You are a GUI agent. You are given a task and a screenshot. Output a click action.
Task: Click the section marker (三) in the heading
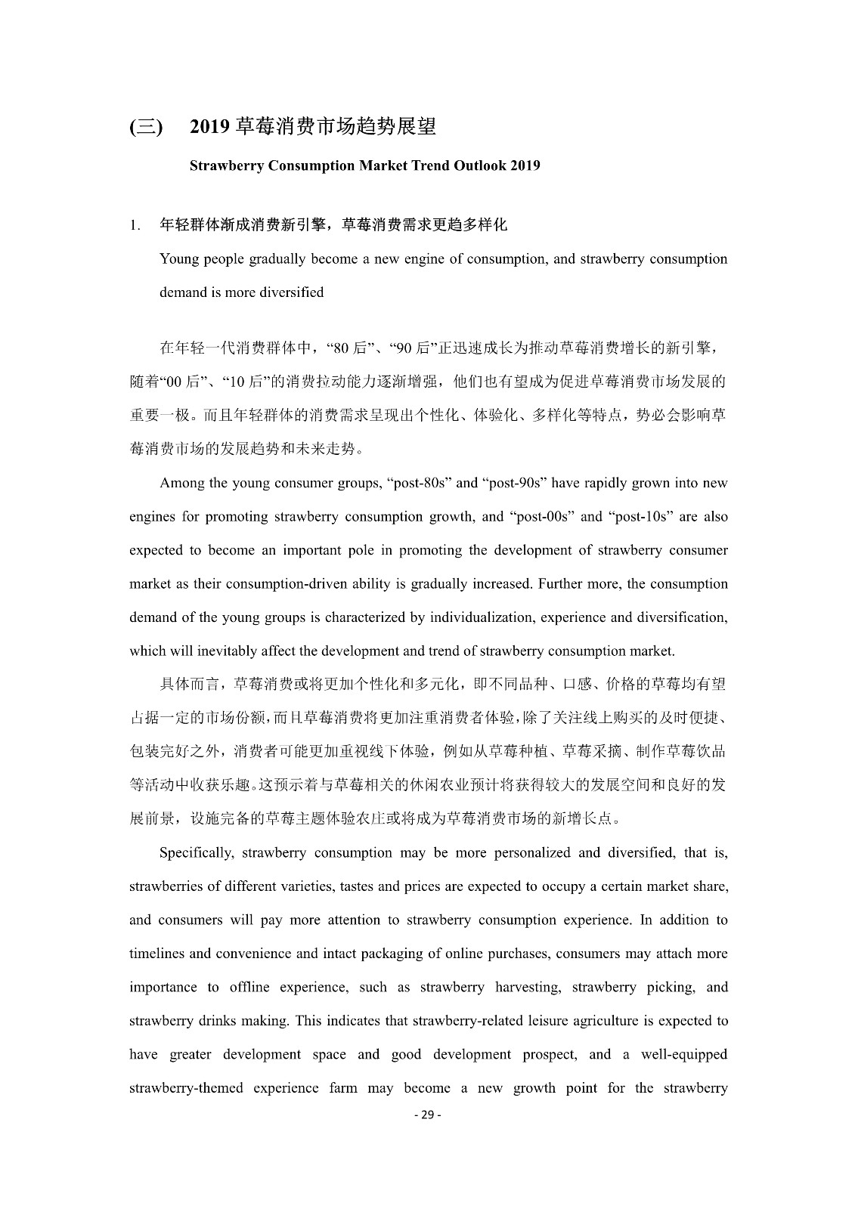click(145, 127)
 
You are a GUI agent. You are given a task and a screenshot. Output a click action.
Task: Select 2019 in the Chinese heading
click(209, 127)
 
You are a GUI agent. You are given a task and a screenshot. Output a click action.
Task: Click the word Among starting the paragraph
click(182, 484)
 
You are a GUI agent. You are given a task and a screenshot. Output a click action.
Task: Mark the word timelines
click(156, 954)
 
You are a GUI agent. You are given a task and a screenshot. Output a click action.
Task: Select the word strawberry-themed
click(186, 1088)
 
